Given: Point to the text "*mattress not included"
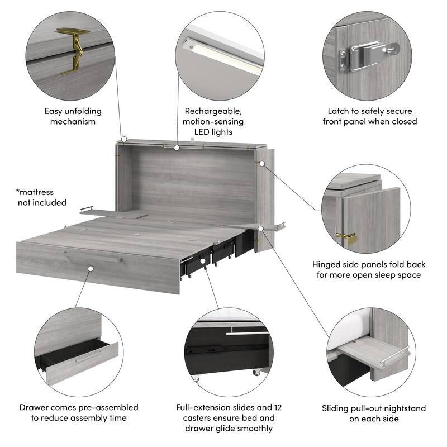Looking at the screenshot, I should click(41, 197).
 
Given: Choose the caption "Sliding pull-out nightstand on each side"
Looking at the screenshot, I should click(374, 413).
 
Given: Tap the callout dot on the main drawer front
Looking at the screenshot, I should click(91, 269).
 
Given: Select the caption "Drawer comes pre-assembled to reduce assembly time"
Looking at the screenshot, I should click(79, 413).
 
